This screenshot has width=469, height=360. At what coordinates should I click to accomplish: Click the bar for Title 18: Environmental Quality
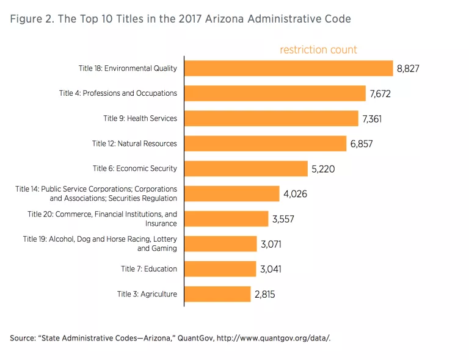pyautogui.click(x=288, y=68)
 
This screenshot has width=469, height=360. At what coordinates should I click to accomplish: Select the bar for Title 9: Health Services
pyautogui.click(x=271, y=118)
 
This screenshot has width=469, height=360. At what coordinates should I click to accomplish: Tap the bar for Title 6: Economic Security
pyautogui.click(x=245, y=168)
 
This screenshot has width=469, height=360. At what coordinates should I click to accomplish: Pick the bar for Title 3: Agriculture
pyautogui.click(x=217, y=294)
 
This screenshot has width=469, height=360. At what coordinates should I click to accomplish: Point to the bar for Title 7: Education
pyautogui.click(x=220, y=269)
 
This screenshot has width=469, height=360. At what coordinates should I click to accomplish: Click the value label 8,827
pyautogui.click(x=408, y=69)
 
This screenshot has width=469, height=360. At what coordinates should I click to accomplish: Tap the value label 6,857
pyautogui.click(x=361, y=144)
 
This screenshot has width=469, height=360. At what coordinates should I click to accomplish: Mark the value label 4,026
pyautogui.click(x=295, y=194)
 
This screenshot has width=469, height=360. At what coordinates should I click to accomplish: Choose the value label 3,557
pyautogui.click(x=283, y=219)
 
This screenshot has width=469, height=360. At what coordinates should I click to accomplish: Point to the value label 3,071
pyautogui.click(x=272, y=244)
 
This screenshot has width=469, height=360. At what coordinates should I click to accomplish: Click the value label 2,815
pyautogui.click(x=265, y=295)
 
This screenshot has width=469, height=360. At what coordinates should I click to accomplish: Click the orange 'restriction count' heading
pyautogui.click(x=318, y=49)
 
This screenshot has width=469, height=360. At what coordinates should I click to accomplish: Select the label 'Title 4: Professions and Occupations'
pyautogui.click(x=118, y=93)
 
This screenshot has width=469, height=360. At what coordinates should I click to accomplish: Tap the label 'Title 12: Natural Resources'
pyautogui.click(x=134, y=143)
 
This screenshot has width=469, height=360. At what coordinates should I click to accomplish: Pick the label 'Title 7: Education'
pyautogui.click(x=148, y=269)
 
